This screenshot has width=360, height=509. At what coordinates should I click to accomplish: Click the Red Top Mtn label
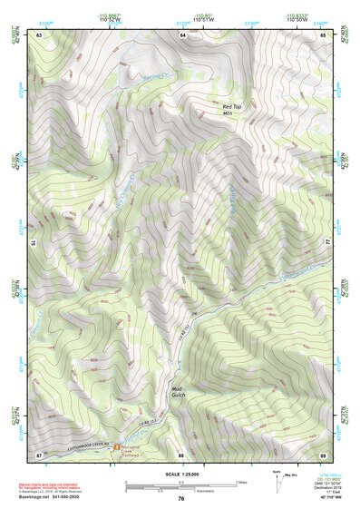[x=232, y=110]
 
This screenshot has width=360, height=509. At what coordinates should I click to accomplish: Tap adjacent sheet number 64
[x=182, y=34]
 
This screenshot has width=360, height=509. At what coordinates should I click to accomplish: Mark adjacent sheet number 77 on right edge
[x=327, y=244]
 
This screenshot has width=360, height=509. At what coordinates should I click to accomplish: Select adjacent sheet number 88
[x=182, y=454]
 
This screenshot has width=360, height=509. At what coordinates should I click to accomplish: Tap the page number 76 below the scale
[x=181, y=499]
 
